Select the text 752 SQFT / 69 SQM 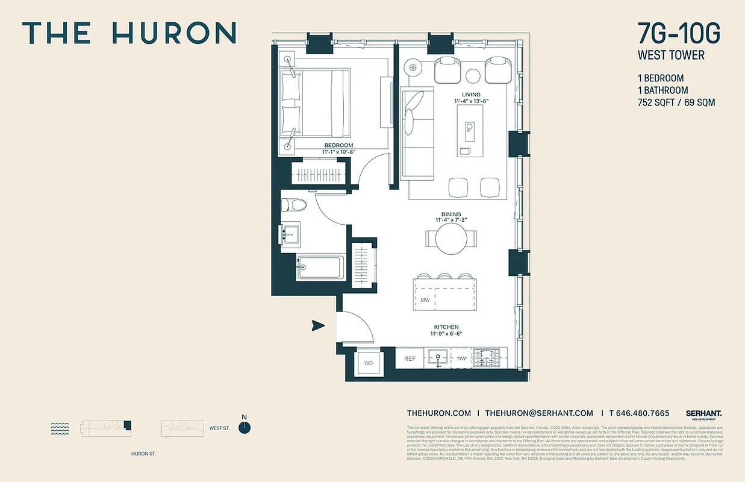676,102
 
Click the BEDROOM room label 338,145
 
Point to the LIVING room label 471,95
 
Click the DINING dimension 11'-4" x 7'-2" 450,221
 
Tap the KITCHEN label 445,327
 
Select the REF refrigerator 410,358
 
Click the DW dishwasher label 462,358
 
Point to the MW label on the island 425,300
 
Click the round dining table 452,239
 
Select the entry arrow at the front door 318,326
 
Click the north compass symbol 244,427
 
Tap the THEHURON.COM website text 438,413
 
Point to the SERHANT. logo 703,413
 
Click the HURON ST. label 143,454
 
